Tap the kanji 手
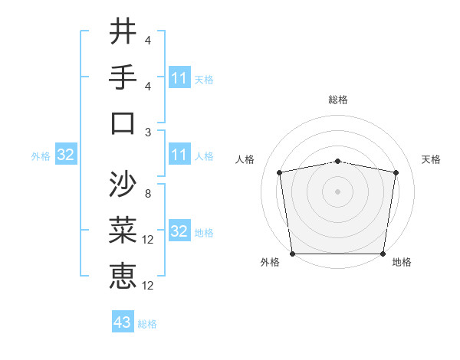pyautogui.click(x=123, y=77)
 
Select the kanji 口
pyautogui.click(x=123, y=123)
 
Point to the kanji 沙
pyautogui.click(x=123, y=185)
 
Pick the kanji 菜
pyautogui.click(x=123, y=231)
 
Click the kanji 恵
pyautogui.click(x=123, y=276)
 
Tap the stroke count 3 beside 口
pyautogui.click(x=148, y=132)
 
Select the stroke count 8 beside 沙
pyautogui.click(x=148, y=194)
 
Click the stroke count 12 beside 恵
pyautogui.click(x=150, y=286)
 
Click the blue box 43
pyautogui.click(x=123, y=322)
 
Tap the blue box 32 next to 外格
pyautogui.click(x=66, y=155)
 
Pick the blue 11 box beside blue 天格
pyautogui.click(x=179, y=78)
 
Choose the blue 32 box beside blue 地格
pyautogui.click(x=179, y=231)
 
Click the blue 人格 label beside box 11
pyautogui.click(x=204, y=155)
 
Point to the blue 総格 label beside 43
pyautogui.click(x=147, y=324)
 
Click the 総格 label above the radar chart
pyautogui.click(x=338, y=100)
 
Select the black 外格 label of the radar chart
pyautogui.click(x=270, y=262)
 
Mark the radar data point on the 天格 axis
pyautogui.click(x=396, y=172)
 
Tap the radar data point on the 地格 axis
pyautogui.click(x=383, y=254)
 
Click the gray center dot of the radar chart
pyautogui.click(x=338, y=191)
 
